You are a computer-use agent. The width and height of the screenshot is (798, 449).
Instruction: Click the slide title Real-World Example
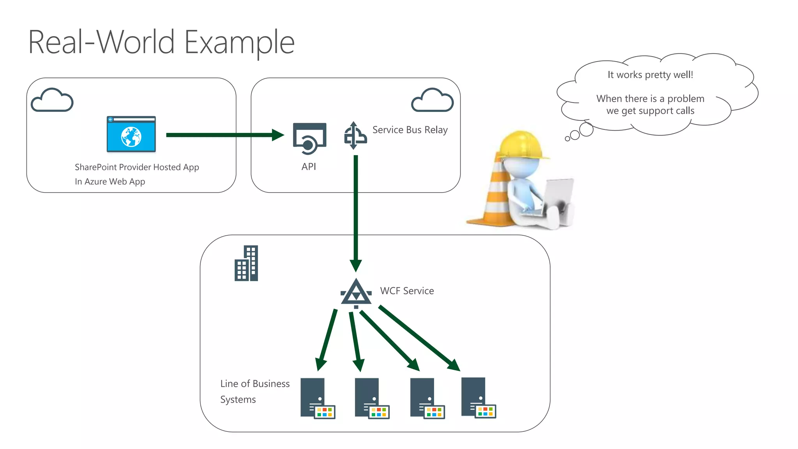pos(161,42)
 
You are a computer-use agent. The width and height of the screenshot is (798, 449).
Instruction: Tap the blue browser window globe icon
pos(131,134)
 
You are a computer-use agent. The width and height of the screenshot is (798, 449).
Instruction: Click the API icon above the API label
pos(309,139)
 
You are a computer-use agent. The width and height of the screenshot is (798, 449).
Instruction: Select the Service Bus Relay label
pos(410,130)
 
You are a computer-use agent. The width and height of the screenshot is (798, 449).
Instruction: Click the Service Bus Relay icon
pos(355,136)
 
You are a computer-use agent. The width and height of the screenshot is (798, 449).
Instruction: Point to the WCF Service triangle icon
pos(356,293)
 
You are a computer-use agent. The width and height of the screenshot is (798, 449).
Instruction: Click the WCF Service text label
pos(407,291)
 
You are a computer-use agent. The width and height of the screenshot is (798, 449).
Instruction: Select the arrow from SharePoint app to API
pos(224,135)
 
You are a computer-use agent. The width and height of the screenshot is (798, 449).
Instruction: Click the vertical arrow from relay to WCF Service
pos(356,210)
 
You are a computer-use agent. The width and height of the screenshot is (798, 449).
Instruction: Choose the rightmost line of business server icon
pos(478,398)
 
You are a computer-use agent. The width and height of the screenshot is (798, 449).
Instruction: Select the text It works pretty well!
pos(650,75)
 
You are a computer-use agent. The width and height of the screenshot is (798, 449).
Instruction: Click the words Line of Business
pos(255,384)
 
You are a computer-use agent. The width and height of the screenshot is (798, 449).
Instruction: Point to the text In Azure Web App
pos(110,182)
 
